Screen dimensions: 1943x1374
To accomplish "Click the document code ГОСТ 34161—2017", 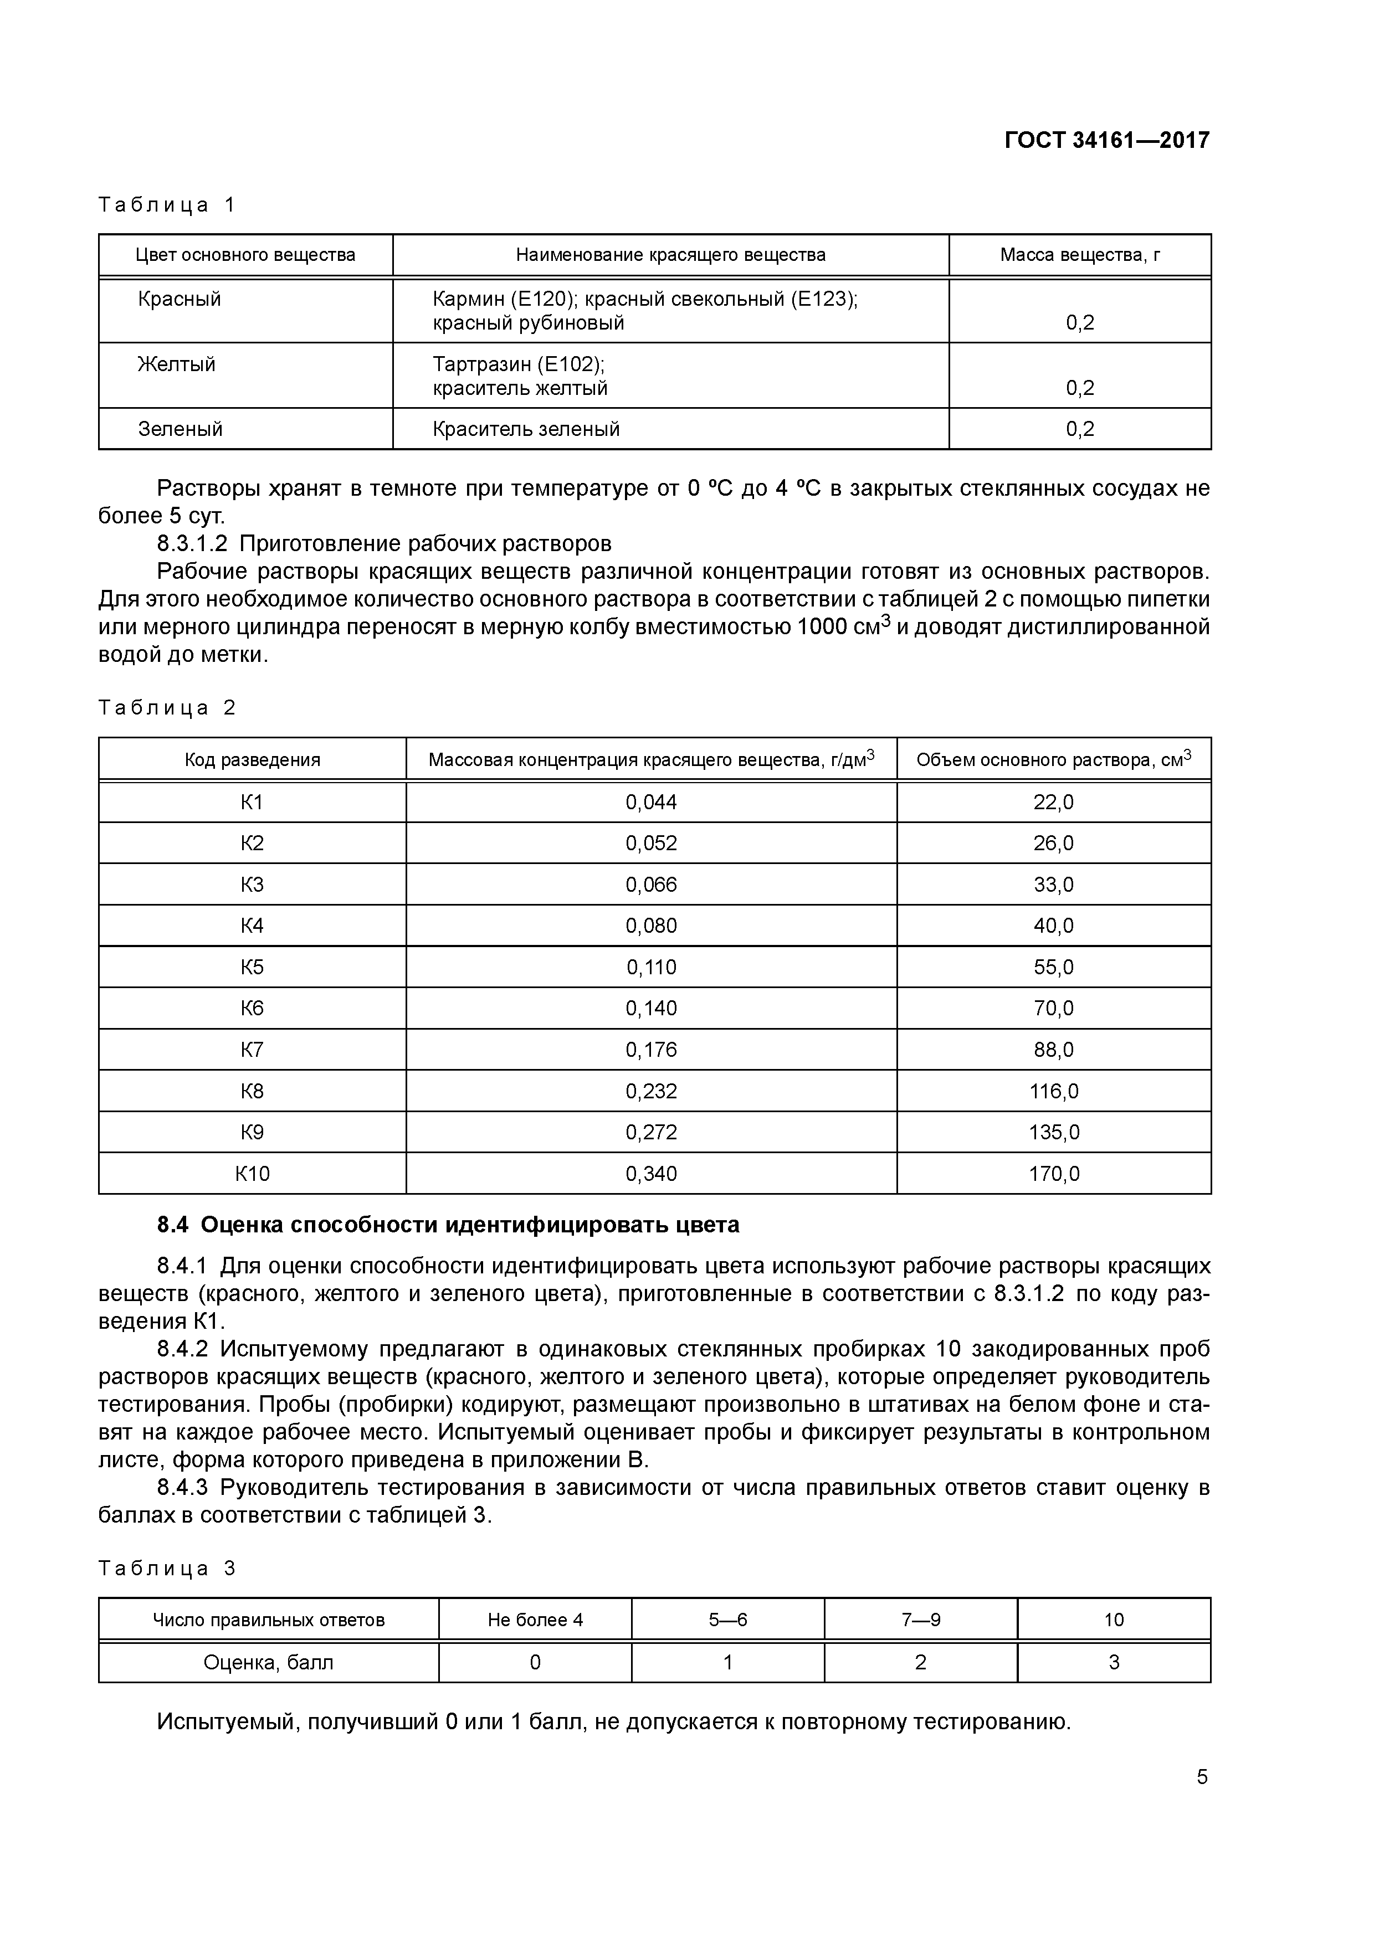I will (x=1106, y=140).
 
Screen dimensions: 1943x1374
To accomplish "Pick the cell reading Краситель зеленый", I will (x=526, y=429).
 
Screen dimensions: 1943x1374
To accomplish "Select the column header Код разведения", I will (x=252, y=760).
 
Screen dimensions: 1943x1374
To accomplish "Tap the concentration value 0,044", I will (x=651, y=802).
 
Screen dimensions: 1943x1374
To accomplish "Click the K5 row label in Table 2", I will (x=252, y=967).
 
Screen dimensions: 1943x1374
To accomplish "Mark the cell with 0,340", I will (x=651, y=1174).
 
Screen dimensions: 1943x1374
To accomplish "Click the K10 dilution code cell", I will (x=252, y=1174).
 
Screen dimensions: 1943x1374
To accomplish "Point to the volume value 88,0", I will (x=1053, y=1050).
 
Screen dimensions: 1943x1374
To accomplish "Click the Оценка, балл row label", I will (x=268, y=1663).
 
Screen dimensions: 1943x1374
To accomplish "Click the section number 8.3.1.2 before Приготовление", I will (x=192, y=542).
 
